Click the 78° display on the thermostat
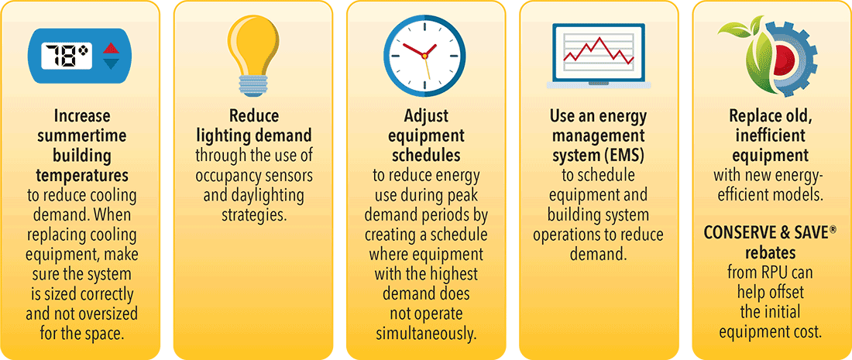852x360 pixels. pyautogui.click(x=68, y=55)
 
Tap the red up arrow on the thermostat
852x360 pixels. pyautogui.click(x=110, y=47)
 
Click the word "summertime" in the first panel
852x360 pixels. pyautogui.click(x=81, y=135)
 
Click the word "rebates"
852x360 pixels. pyautogui.click(x=771, y=254)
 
